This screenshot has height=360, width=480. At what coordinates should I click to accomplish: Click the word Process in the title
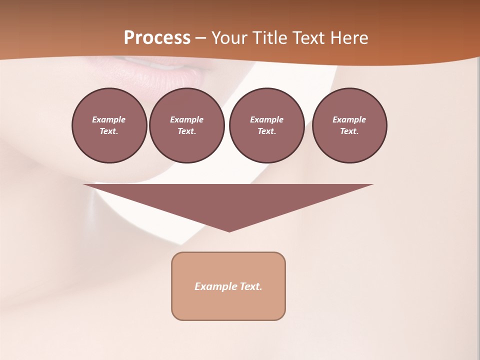[x=157, y=38]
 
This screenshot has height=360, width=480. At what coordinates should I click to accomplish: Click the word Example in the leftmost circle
[x=109, y=119]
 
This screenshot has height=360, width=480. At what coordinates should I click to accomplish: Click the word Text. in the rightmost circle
[x=349, y=131]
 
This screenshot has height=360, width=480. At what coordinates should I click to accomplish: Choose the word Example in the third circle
[x=266, y=119]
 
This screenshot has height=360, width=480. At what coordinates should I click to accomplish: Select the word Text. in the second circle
[x=187, y=131]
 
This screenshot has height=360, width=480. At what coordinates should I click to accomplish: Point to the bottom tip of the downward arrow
[x=229, y=231]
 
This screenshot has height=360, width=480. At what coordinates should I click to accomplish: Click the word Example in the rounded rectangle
[x=214, y=286]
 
